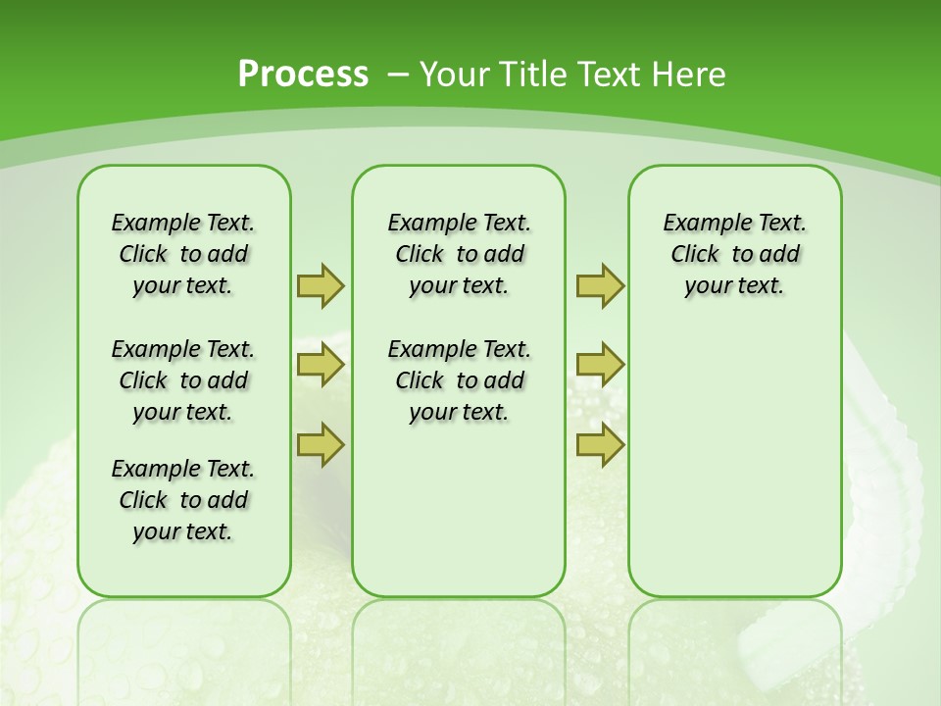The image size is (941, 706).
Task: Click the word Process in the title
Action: click(x=303, y=74)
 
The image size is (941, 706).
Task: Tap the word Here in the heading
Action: click(x=689, y=74)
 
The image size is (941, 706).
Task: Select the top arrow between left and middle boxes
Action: click(x=321, y=285)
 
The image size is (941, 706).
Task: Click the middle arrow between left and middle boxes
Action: click(x=321, y=365)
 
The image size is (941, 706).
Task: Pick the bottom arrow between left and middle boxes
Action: click(x=321, y=444)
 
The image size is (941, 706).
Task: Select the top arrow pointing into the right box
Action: click(x=600, y=285)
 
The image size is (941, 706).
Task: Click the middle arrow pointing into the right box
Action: click(x=600, y=365)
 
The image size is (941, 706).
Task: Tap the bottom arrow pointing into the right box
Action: click(x=600, y=444)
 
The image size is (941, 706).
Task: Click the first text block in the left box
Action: click(x=183, y=254)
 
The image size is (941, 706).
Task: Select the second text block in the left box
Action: click(x=183, y=380)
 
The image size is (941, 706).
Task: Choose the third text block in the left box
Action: click(x=183, y=500)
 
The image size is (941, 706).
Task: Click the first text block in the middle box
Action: click(x=459, y=254)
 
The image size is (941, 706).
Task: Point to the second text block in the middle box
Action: click(x=459, y=380)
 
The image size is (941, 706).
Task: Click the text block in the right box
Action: click(x=734, y=254)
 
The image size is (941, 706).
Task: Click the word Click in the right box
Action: click(x=695, y=255)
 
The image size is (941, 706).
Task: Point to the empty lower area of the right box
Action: click(x=734, y=461)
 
